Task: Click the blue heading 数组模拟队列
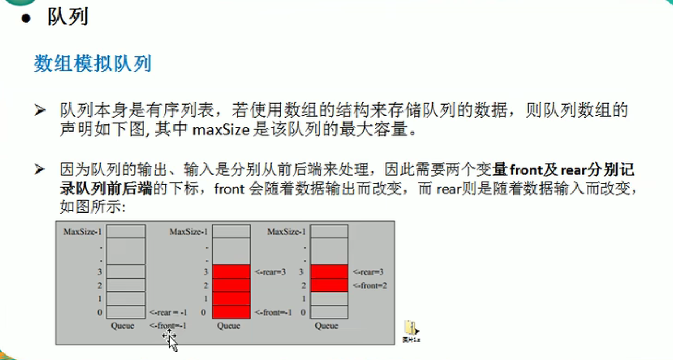pos(92,64)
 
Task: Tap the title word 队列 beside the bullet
pos(68,17)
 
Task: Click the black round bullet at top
pos(26,18)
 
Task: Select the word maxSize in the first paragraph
pos(220,129)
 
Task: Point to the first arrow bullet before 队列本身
pos(40,110)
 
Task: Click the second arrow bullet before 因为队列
pos(40,169)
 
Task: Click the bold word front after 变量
pos(525,170)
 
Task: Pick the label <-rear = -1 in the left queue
pos(168,312)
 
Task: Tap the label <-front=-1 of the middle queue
pos(273,312)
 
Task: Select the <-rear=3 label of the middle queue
pos(270,272)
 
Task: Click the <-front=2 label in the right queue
pos(370,285)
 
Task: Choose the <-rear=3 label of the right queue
pos(368,272)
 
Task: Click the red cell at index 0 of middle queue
pos(231,312)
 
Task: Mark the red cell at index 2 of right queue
pos(329,285)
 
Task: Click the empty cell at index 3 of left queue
pos(126,272)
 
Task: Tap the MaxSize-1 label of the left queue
pos(82,232)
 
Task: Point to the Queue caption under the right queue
pos(326,326)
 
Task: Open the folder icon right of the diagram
pos(411,328)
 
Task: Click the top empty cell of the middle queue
pos(231,231)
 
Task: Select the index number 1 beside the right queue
pos(304,299)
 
